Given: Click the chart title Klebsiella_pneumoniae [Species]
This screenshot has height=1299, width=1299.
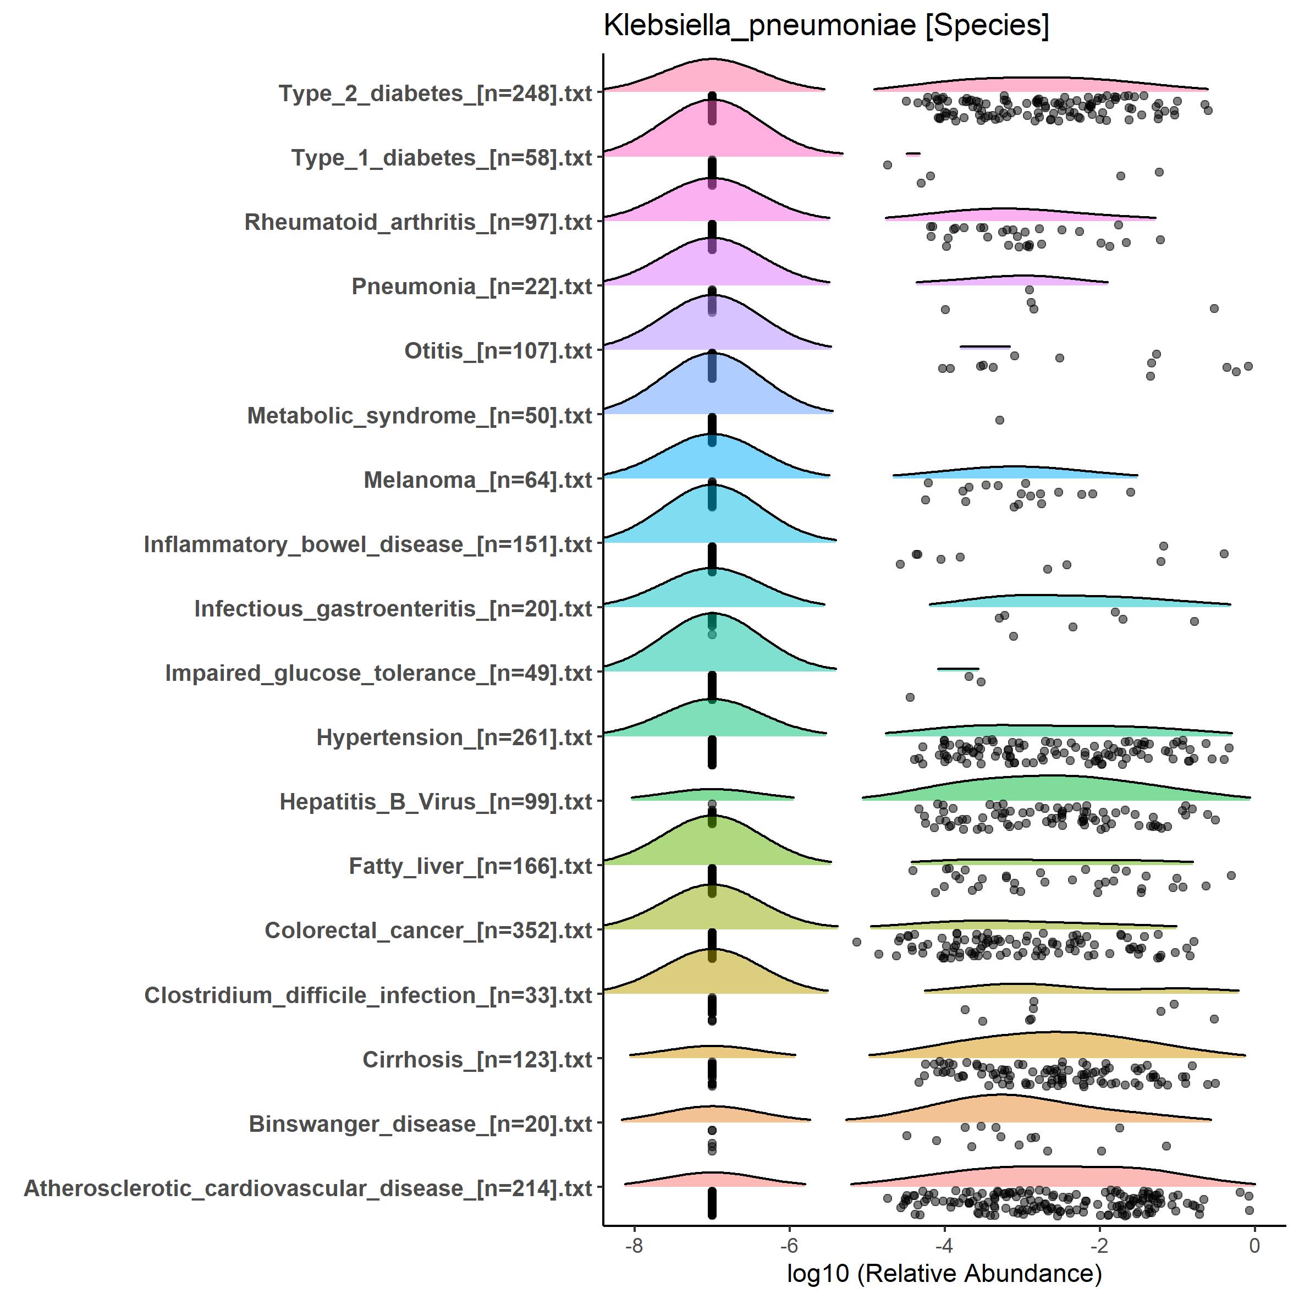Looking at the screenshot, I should (825, 27).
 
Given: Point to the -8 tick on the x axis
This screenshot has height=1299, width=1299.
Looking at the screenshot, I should (634, 1245).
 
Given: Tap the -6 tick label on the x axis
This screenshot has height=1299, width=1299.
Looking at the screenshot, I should (789, 1245).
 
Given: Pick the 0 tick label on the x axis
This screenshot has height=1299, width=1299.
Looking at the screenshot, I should (1254, 1245).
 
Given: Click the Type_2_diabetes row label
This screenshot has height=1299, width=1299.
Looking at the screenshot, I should (435, 93).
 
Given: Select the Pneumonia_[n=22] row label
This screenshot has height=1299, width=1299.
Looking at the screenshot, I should (471, 287).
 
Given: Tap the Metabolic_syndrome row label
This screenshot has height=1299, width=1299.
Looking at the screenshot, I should (420, 416).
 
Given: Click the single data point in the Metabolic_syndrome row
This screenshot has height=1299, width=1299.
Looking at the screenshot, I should (999, 420).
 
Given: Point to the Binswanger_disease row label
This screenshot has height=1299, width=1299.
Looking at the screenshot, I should (420, 1124).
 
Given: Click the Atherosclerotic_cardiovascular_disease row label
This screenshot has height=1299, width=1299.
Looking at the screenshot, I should (308, 1188).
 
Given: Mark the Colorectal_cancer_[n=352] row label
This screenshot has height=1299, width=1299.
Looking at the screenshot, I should (428, 931).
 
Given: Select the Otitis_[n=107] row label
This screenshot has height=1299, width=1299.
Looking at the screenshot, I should (498, 351).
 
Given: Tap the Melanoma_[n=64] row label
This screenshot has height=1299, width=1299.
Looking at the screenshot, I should (478, 480).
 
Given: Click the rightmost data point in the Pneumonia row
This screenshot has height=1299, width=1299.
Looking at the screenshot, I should (1214, 309).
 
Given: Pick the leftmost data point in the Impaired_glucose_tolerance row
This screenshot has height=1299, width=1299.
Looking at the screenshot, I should (910, 697).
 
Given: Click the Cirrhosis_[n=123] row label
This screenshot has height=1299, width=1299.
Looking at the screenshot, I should (477, 1060).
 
